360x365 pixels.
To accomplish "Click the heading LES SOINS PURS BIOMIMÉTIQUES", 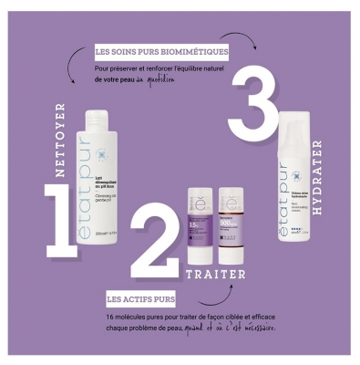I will pos(160,51).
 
